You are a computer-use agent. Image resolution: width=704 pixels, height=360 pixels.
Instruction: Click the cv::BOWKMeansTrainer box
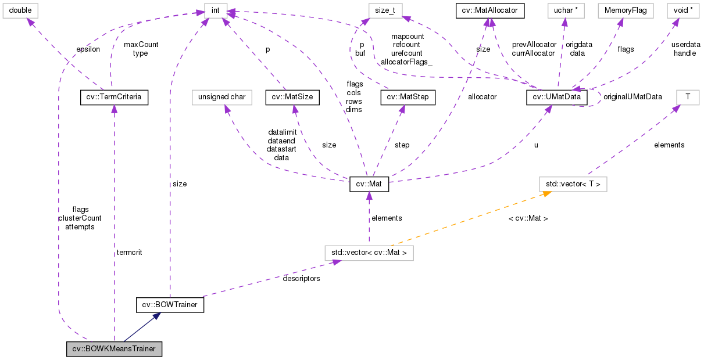coord(114,349)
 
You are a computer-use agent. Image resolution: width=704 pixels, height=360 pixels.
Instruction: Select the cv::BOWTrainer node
coord(170,304)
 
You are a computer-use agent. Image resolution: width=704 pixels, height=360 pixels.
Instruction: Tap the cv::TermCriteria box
coord(114,97)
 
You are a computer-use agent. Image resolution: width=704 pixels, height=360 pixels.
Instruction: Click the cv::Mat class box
coord(369,185)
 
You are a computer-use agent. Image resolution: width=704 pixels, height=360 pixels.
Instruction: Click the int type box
coord(215,10)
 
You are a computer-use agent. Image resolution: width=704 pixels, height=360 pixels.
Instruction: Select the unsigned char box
coord(223,97)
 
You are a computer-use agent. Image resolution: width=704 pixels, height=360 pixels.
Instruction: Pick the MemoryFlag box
coord(621,10)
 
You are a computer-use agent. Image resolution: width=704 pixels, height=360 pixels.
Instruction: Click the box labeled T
coord(688,97)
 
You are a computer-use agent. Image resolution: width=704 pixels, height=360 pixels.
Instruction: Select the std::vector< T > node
coord(573,185)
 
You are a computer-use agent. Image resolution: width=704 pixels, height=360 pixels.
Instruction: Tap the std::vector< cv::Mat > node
coord(369,253)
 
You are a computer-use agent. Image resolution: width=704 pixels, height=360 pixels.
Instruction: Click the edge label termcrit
coord(129,252)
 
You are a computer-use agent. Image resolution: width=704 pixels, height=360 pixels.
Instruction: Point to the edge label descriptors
coord(301,278)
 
